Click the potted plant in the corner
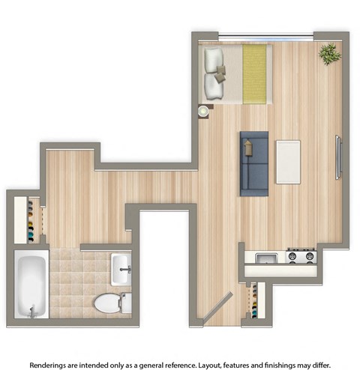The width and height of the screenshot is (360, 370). coord(328,54)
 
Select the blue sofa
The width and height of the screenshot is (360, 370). coord(253,163)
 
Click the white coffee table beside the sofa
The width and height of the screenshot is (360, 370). coord(287,161)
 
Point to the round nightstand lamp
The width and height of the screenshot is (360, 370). coord(202,111)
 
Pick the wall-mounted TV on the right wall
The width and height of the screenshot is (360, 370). coord(338,157)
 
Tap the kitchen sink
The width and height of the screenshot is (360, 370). coord(266,257)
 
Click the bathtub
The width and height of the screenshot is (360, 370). coord(31,284)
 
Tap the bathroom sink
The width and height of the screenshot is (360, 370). coord(121,268)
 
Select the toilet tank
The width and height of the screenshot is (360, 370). coord(126,303)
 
